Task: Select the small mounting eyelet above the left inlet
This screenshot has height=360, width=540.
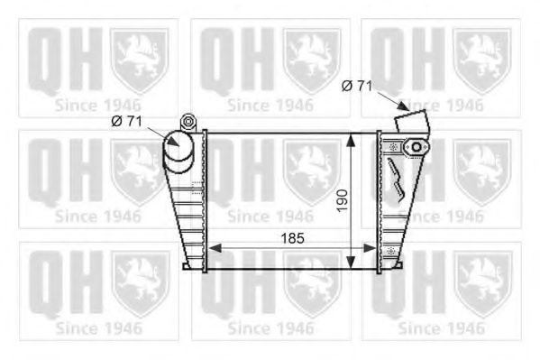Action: (x=188, y=120)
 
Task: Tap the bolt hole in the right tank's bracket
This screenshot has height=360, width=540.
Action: (x=416, y=147)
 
